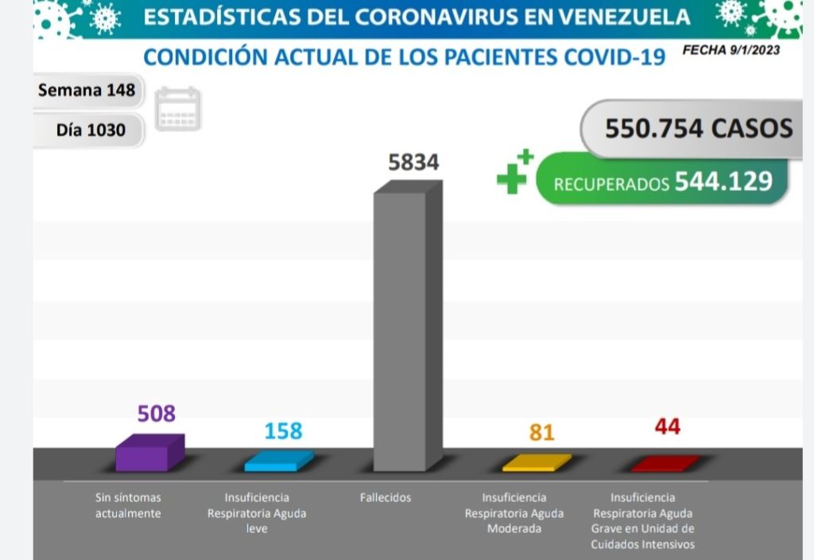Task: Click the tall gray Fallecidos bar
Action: pyautogui.click(x=407, y=330)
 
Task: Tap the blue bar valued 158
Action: pyautogui.click(x=278, y=461)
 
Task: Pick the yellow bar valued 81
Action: pyautogui.click(x=536, y=462)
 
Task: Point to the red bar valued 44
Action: pyautogui.click(x=665, y=463)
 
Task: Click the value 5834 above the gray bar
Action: pyautogui.click(x=413, y=162)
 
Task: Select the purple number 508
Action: pyautogui.click(x=156, y=414)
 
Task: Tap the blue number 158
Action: pyautogui.click(x=283, y=430)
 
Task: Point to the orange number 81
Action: pyautogui.click(x=541, y=433)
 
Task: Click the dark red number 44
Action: pyautogui.click(x=667, y=427)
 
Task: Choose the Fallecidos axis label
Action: pyautogui.click(x=385, y=498)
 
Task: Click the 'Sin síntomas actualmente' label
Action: pyautogui.click(x=128, y=505)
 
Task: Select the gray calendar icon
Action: pyautogui.click(x=178, y=109)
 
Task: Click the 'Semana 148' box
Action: pyautogui.click(x=87, y=91)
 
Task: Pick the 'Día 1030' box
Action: pyautogui.click(x=91, y=129)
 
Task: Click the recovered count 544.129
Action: pyautogui.click(x=723, y=181)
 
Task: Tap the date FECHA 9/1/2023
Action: pyautogui.click(x=731, y=50)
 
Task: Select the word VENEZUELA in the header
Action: pyautogui.click(x=614, y=17)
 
